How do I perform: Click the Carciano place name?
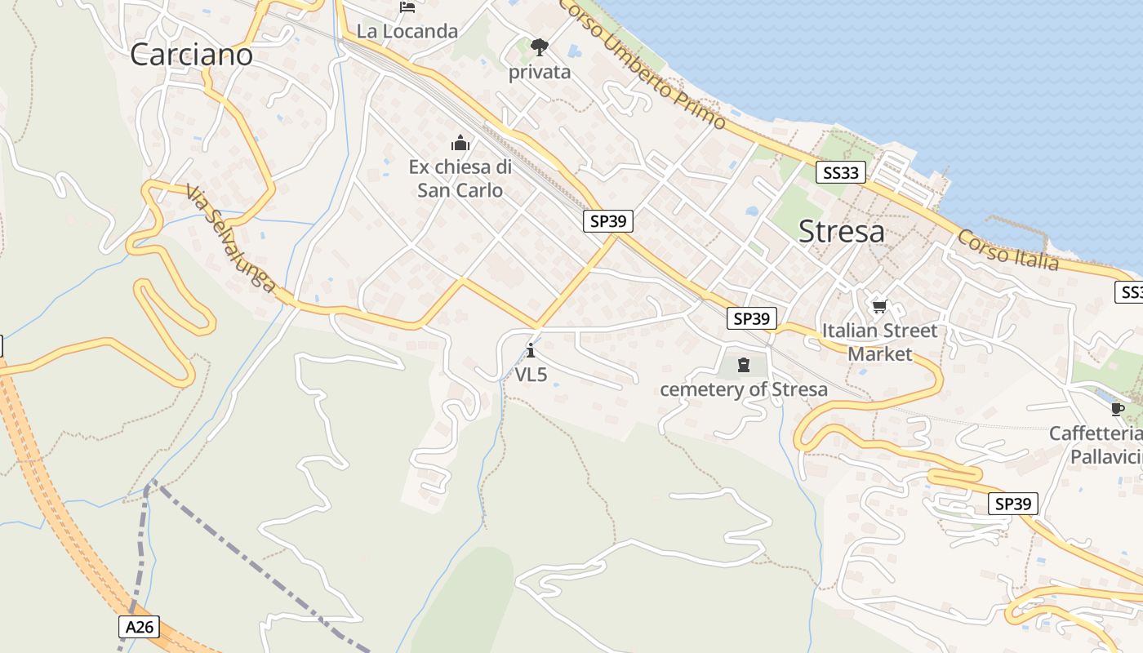pos(191,55)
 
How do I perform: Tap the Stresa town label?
pos(841,232)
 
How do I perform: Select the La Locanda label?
pos(407,32)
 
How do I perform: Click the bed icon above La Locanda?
pos(407,8)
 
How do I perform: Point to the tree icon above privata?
pos(539,47)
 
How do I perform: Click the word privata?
pos(539,72)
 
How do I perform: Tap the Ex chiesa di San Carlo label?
pos(460,179)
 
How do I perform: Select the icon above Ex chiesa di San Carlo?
pos(460,144)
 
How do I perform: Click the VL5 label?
pos(531,375)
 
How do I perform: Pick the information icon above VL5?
pos(531,351)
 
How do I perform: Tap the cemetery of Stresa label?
pos(743,389)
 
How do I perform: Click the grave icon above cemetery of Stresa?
pos(743,364)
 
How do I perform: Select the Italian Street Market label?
pos(879,342)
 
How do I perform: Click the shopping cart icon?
pos(879,307)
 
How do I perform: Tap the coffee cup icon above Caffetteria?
pos(1117,409)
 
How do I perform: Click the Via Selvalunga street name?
pos(229,238)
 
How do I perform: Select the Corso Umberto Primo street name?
pos(643,64)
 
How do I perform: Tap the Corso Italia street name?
pos(1007,250)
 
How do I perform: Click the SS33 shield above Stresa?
pos(840,172)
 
